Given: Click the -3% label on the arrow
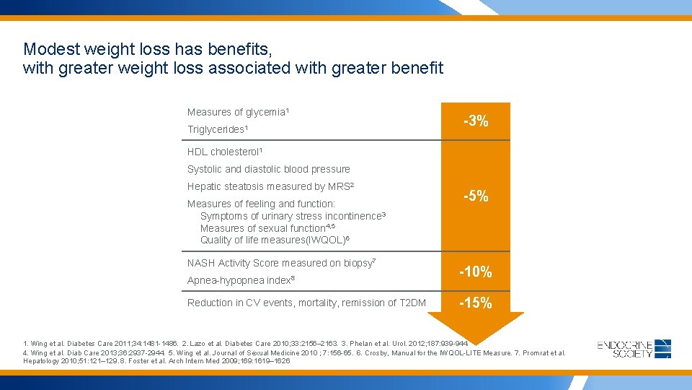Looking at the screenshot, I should [x=476, y=121].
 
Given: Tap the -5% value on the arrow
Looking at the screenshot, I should [x=476, y=196].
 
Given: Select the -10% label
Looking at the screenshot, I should [x=476, y=272].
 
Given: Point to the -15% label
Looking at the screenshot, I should [x=476, y=303].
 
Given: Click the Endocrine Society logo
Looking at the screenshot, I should [x=634, y=349].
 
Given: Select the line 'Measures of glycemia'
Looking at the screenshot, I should [x=238, y=112].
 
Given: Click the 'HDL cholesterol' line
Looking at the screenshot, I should [x=224, y=152].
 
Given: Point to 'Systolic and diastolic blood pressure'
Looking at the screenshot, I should [x=268, y=169].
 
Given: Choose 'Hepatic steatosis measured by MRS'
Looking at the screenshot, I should [x=270, y=186].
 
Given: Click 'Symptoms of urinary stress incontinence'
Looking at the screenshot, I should [x=293, y=216].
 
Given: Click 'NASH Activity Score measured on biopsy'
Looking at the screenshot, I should [x=280, y=263].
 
